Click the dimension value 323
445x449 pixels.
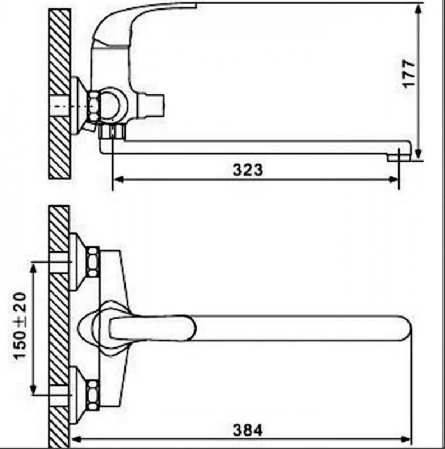[248, 170]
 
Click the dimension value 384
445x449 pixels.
[248, 430]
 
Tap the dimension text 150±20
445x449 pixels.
[20, 326]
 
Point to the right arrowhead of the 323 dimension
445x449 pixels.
[393, 180]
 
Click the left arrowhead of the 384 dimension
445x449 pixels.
[76, 439]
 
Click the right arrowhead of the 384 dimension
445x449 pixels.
[406, 439]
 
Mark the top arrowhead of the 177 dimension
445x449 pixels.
[419, 9]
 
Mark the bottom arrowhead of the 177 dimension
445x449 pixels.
[419, 153]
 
